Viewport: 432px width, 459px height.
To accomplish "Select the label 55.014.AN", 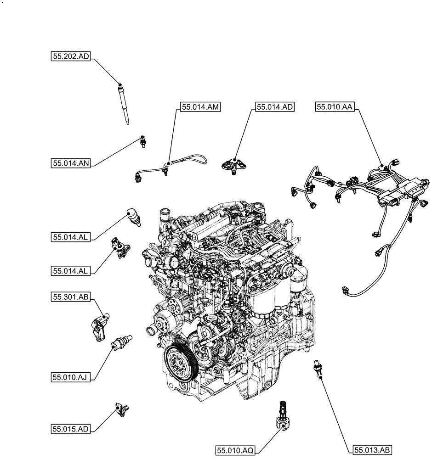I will click(71, 162).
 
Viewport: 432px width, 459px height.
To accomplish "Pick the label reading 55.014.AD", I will click(274, 107).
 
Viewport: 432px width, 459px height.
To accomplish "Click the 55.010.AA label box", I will click(335, 107).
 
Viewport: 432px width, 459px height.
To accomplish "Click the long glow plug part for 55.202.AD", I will click(124, 103).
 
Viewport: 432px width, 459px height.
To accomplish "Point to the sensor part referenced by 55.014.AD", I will click(235, 166).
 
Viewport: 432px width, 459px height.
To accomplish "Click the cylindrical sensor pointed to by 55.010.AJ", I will click(122, 342).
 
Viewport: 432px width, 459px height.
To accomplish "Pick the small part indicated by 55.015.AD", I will click(123, 408).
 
